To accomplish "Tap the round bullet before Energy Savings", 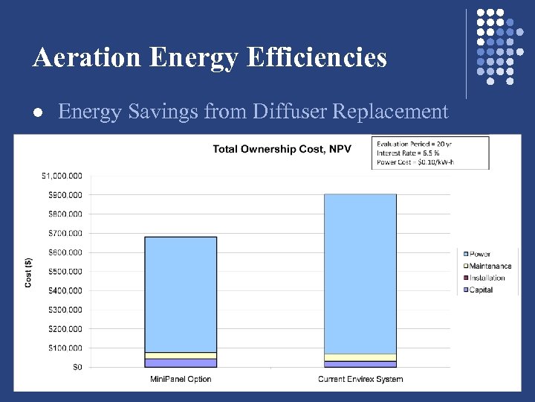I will (x=37, y=112).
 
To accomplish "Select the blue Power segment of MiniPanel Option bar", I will (x=181, y=294).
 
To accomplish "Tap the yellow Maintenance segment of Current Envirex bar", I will (x=360, y=357).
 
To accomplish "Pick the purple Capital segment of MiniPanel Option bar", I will (x=181, y=363).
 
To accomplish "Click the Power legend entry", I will (x=480, y=254).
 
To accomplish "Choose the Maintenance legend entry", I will (x=490, y=266).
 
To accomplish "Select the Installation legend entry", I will (x=487, y=278).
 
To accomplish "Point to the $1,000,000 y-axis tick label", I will (x=62, y=176).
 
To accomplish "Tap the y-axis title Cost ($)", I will (x=29, y=271).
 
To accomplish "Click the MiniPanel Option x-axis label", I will (x=181, y=380).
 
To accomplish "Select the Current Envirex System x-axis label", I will (x=360, y=380).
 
